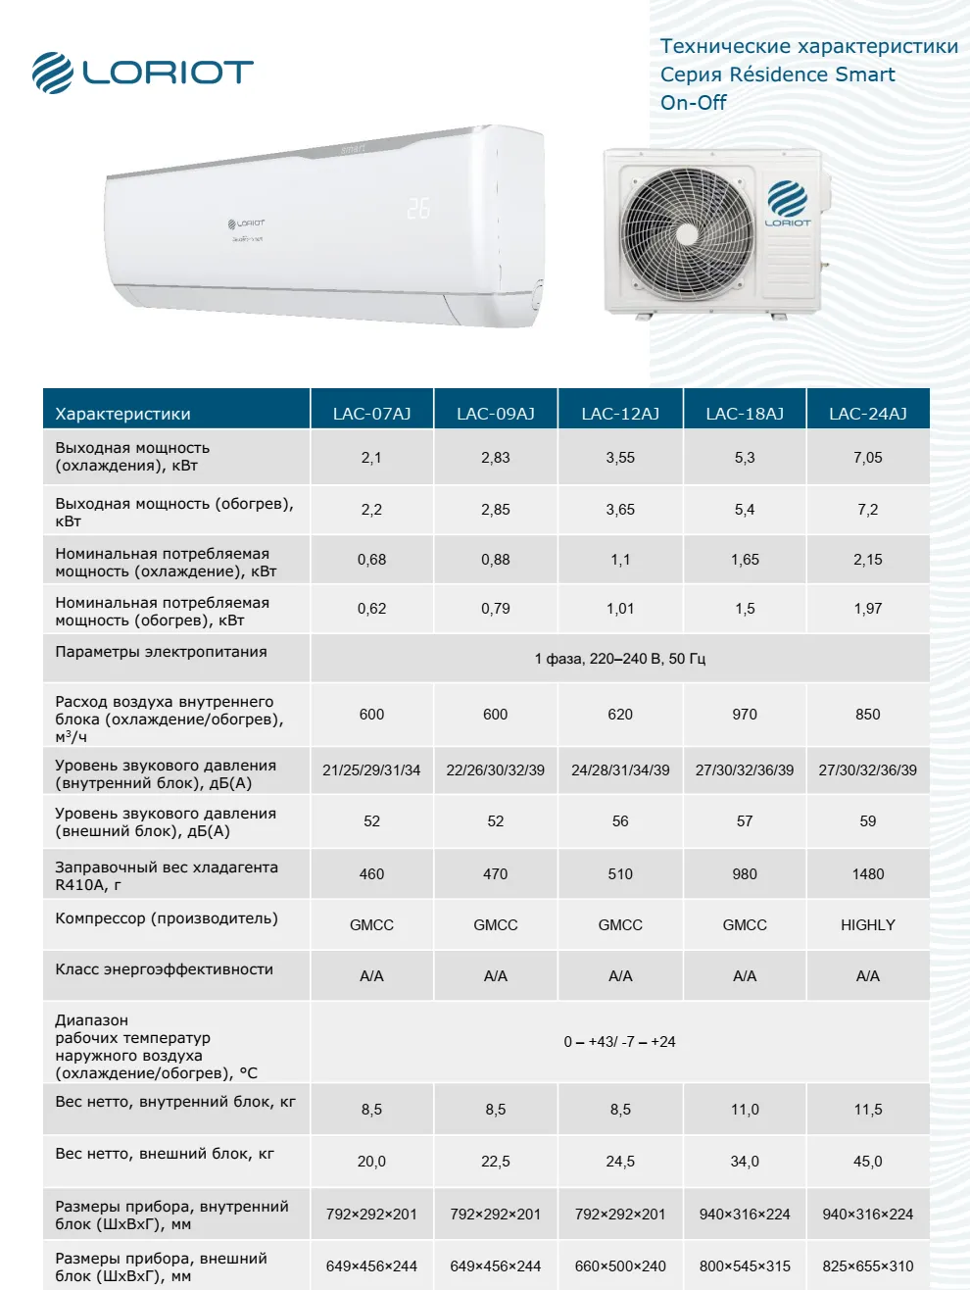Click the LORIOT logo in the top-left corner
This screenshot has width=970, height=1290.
click(x=142, y=73)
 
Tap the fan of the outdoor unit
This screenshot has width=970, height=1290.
click(x=687, y=233)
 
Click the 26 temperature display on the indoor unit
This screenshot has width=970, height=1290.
click(x=418, y=208)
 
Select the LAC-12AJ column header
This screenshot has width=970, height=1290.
click(x=620, y=414)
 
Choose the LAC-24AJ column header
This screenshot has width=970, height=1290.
click(x=868, y=414)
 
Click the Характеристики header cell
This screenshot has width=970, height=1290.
click(x=123, y=414)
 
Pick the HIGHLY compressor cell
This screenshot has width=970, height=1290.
click(x=868, y=924)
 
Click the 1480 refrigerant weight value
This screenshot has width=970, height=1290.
click(x=868, y=873)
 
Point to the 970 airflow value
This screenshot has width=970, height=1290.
click(x=745, y=714)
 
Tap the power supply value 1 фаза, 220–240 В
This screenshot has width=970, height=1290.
click(x=620, y=659)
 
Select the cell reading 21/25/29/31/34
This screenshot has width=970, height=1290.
click(x=371, y=769)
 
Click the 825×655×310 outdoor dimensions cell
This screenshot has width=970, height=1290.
click(x=868, y=1265)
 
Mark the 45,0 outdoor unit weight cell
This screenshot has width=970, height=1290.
click(x=868, y=1161)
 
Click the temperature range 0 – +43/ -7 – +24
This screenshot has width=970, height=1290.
click(x=620, y=1041)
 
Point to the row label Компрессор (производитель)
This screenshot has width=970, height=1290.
click(x=167, y=918)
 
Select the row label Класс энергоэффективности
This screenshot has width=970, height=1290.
click(x=164, y=969)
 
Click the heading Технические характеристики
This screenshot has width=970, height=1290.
click(x=809, y=46)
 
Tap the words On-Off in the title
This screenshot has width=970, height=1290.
click(x=694, y=103)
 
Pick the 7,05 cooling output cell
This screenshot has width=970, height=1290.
click(x=868, y=457)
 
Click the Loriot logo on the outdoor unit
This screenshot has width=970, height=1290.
click(x=788, y=204)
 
